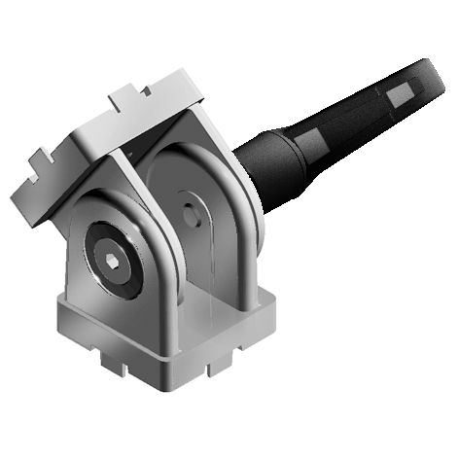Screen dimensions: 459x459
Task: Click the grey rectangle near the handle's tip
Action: click(x=401, y=93)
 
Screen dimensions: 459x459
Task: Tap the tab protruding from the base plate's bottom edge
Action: click(x=114, y=367)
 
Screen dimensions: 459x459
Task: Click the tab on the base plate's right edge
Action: click(x=223, y=359)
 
